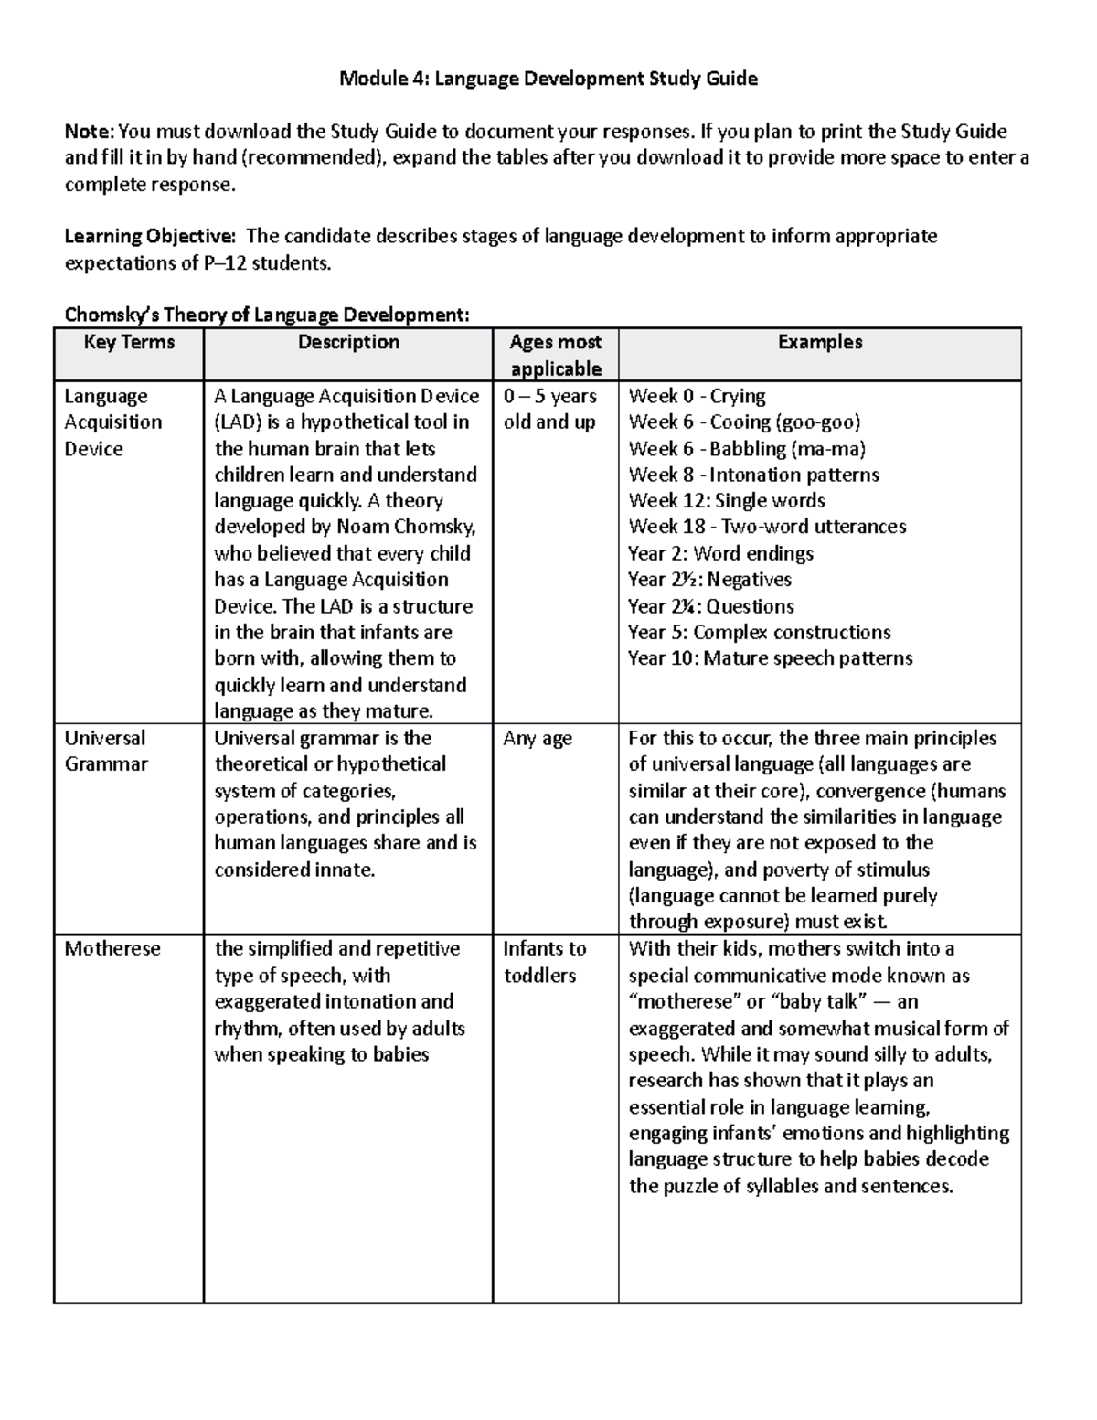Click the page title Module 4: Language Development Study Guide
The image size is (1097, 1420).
[x=548, y=79]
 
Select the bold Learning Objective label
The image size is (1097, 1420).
[x=149, y=237]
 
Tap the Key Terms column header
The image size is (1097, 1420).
[x=129, y=343]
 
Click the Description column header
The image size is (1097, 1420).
[x=348, y=343]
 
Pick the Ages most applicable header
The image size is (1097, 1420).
[x=555, y=355]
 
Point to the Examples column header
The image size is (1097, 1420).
[x=819, y=343]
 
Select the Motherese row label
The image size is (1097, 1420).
[x=112, y=949]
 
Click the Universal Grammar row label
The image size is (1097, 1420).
[x=105, y=751]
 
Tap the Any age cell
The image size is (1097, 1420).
[x=538, y=738]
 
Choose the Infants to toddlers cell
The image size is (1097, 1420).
[x=544, y=962]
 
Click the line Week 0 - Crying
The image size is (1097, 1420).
[x=697, y=396]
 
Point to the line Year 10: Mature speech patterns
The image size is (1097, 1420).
[x=770, y=658]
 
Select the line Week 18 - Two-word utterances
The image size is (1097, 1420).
[x=767, y=527]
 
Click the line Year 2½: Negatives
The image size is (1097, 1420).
[x=709, y=580]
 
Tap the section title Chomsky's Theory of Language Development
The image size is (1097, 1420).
[x=266, y=315]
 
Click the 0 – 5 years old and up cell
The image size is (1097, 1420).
[x=549, y=409]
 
